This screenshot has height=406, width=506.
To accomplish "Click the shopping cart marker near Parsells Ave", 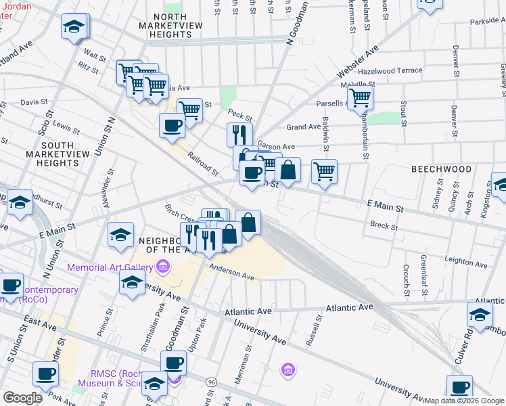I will click(360, 98).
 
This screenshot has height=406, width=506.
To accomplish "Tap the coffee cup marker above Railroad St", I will click(172, 125).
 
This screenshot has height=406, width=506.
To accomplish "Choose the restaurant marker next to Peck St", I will click(239, 133).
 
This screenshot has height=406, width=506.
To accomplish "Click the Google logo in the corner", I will click(22, 397).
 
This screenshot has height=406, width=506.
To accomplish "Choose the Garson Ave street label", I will click(275, 146).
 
